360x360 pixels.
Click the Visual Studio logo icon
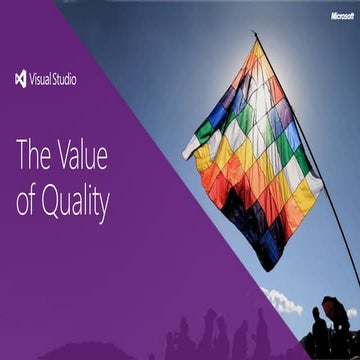[x=21, y=79]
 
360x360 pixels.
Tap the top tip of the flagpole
[x=254, y=33]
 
